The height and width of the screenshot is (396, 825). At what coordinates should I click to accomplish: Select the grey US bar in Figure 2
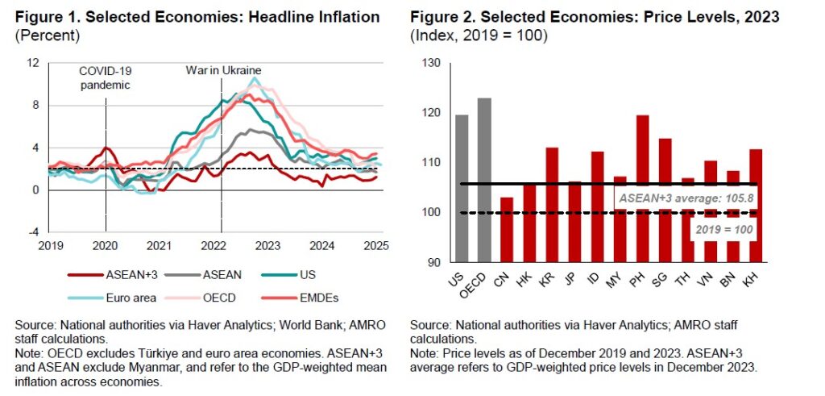coord(462,188)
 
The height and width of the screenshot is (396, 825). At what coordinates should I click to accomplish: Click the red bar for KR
coord(552,204)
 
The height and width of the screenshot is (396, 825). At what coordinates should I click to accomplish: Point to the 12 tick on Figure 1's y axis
coord(32,63)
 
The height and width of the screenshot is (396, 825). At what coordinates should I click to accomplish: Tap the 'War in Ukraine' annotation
coord(224,70)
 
